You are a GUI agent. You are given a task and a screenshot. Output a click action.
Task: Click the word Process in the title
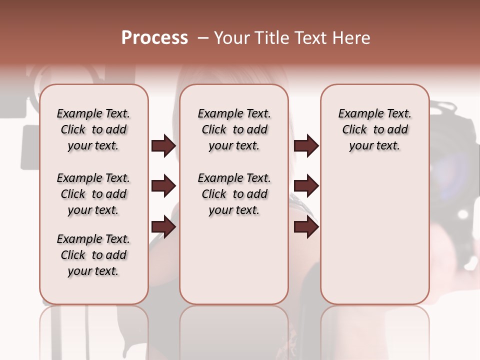[154, 38]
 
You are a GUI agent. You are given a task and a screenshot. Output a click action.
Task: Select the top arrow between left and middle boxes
[163, 145]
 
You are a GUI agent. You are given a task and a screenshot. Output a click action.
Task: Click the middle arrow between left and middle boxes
[163, 186]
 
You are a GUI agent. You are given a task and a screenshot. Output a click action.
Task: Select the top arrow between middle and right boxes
[306, 145]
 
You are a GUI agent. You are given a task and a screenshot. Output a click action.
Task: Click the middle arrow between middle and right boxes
[306, 186]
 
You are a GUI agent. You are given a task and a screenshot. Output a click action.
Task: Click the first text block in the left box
[93, 129]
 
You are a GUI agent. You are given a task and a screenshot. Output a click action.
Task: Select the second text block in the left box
[93, 194]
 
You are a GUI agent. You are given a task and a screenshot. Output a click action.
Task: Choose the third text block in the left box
[93, 255]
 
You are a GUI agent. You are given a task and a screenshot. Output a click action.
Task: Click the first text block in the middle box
[234, 129]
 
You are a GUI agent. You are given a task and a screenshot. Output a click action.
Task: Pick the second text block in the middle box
[234, 194]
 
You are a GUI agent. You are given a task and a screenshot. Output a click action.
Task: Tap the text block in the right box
[374, 129]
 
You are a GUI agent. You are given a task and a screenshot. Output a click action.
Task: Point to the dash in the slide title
[202, 38]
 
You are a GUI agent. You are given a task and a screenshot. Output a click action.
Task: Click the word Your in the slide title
[232, 38]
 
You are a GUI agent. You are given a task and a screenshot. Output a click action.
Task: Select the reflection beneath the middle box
[234, 330]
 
